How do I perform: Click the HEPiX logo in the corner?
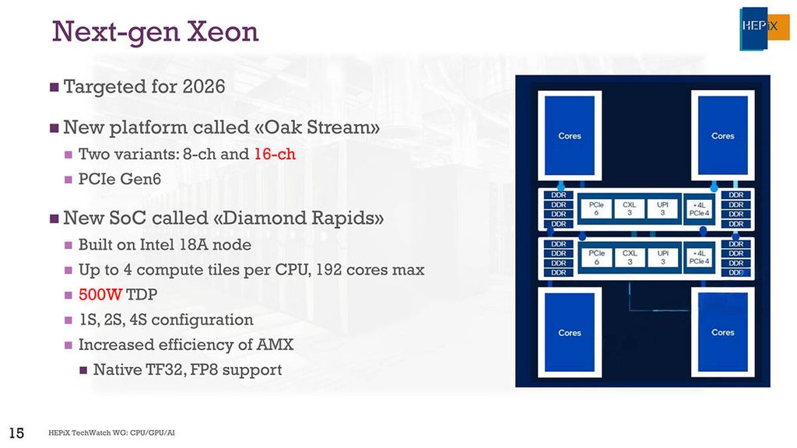764,29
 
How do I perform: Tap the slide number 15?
16,432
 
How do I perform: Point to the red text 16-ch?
275,154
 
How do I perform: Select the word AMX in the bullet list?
276,345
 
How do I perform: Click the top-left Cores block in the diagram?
570,136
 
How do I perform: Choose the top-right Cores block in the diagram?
722,136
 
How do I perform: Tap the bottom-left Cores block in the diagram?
570,333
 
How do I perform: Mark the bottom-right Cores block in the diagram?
722,333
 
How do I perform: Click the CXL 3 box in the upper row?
630,209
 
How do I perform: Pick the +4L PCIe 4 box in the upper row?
700,209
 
